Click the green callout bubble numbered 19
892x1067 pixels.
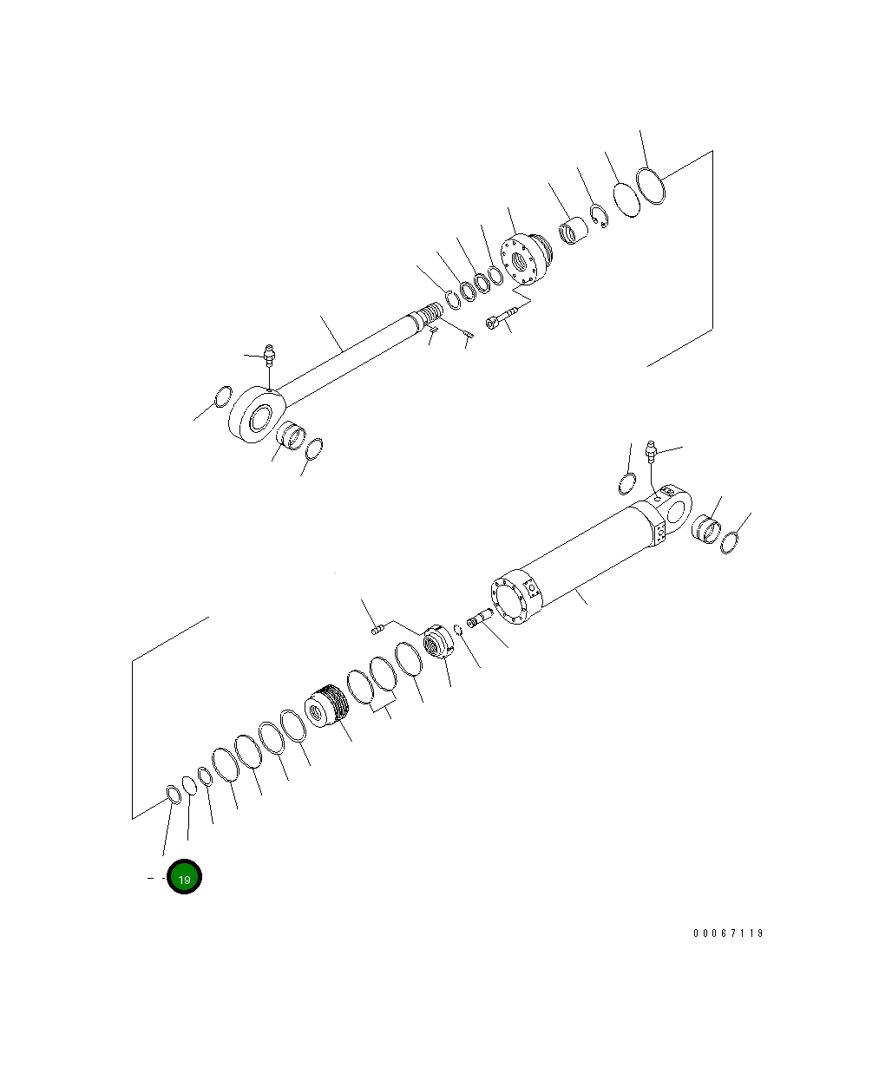pos(184,877)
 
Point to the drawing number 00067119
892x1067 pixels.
pos(728,933)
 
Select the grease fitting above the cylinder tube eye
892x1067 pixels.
pos(652,450)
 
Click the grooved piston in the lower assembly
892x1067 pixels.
pos(326,709)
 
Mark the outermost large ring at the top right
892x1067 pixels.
pos(651,187)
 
